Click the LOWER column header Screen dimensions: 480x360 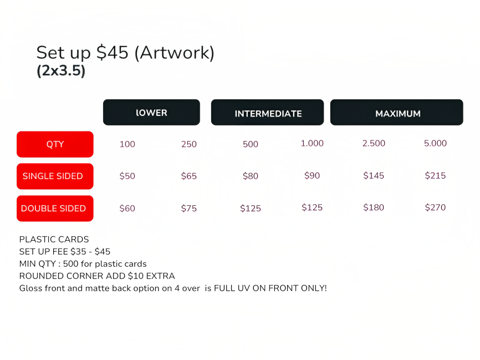(151, 112)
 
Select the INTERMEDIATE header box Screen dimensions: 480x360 (267, 112)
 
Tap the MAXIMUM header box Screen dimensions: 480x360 (397, 112)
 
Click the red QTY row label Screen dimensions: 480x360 (55, 144)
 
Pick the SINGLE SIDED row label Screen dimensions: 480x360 (55, 176)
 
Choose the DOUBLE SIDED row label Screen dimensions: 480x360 (55, 209)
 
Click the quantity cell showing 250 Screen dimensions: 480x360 (189, 144)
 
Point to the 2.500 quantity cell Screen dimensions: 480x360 (374, 143)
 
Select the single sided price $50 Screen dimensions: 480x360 (127, 176)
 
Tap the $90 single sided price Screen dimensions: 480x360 (312, 175)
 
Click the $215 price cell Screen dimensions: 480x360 (435, 175)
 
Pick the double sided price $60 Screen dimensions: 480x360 (127, 209)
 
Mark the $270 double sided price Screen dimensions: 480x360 (435, 207)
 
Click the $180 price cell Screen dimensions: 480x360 (374, 207)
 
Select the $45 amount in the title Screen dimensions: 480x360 (113, 52)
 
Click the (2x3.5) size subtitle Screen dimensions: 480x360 (61, 70)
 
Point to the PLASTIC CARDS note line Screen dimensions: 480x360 (54, 239)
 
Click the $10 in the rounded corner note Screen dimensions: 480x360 (136, 276)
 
